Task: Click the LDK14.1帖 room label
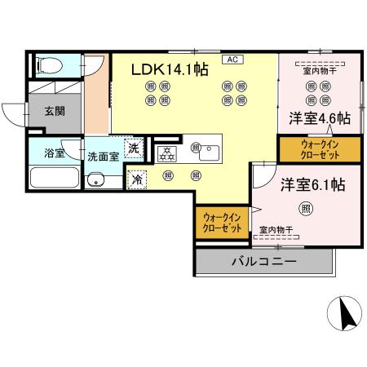[x=170, y=70]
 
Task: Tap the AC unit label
[x=232, y=59]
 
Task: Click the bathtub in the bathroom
[x=55, y=178]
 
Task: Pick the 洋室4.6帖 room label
[x=319, y=118]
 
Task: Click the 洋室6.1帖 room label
[x=313, y=184]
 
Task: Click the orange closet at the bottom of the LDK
[x=222, y=223]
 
